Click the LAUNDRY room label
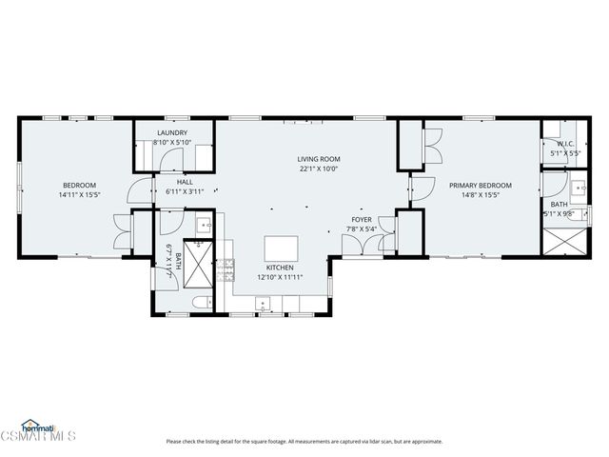[x=172, y=133]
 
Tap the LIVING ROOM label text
[x=318, y=159]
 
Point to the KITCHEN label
[x=280, y=268]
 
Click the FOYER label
[x=363, y=219]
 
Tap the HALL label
[x=185, y=181]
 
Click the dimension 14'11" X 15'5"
[x=79, y=194]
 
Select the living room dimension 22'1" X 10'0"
[x=318, y=169]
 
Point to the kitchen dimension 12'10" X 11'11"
[x=280, y=278]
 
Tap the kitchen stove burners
[x=227, y=271]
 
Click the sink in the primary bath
[x=578, y=188]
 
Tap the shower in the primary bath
[x=560, y=238]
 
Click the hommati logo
[x=37, y=426]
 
